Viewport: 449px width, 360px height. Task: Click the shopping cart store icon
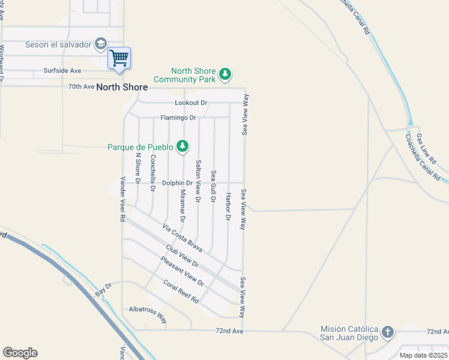pyautogui.click(x=119, y=58)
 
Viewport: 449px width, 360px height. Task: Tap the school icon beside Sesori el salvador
pyautogui.click(x=101, y=44)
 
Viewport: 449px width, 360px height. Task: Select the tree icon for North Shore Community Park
pyautogui.click(x=225, y=74)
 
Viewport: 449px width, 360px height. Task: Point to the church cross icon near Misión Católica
pyautogui.click(x=388, y=332)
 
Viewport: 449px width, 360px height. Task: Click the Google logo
pyautogui.click(x=20, y=353)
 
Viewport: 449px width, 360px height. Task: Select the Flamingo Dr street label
pyautogui.click(x=178, y=118)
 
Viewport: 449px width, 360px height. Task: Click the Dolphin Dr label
pyautogui.click(x=177, y=183)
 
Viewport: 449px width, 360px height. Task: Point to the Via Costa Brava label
pyautogui.click(x=183, y=237)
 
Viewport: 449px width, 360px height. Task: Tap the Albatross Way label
pyautogui.click(x=148, y=314)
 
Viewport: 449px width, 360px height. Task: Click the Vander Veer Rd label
pyautogui.click(x=122, y=200)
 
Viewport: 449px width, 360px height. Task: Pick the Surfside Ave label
pyautogui.click(x=62, y=70)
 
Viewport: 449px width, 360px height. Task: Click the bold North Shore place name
pyautogui.click(x=122, y=87)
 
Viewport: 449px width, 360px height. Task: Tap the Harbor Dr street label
pyautogui.click(x=228, y=206)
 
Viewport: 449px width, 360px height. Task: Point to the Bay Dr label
pyautogui.click(x=104, y=290)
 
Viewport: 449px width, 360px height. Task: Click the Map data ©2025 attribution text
pyautogui.click(x=424, y=355)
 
